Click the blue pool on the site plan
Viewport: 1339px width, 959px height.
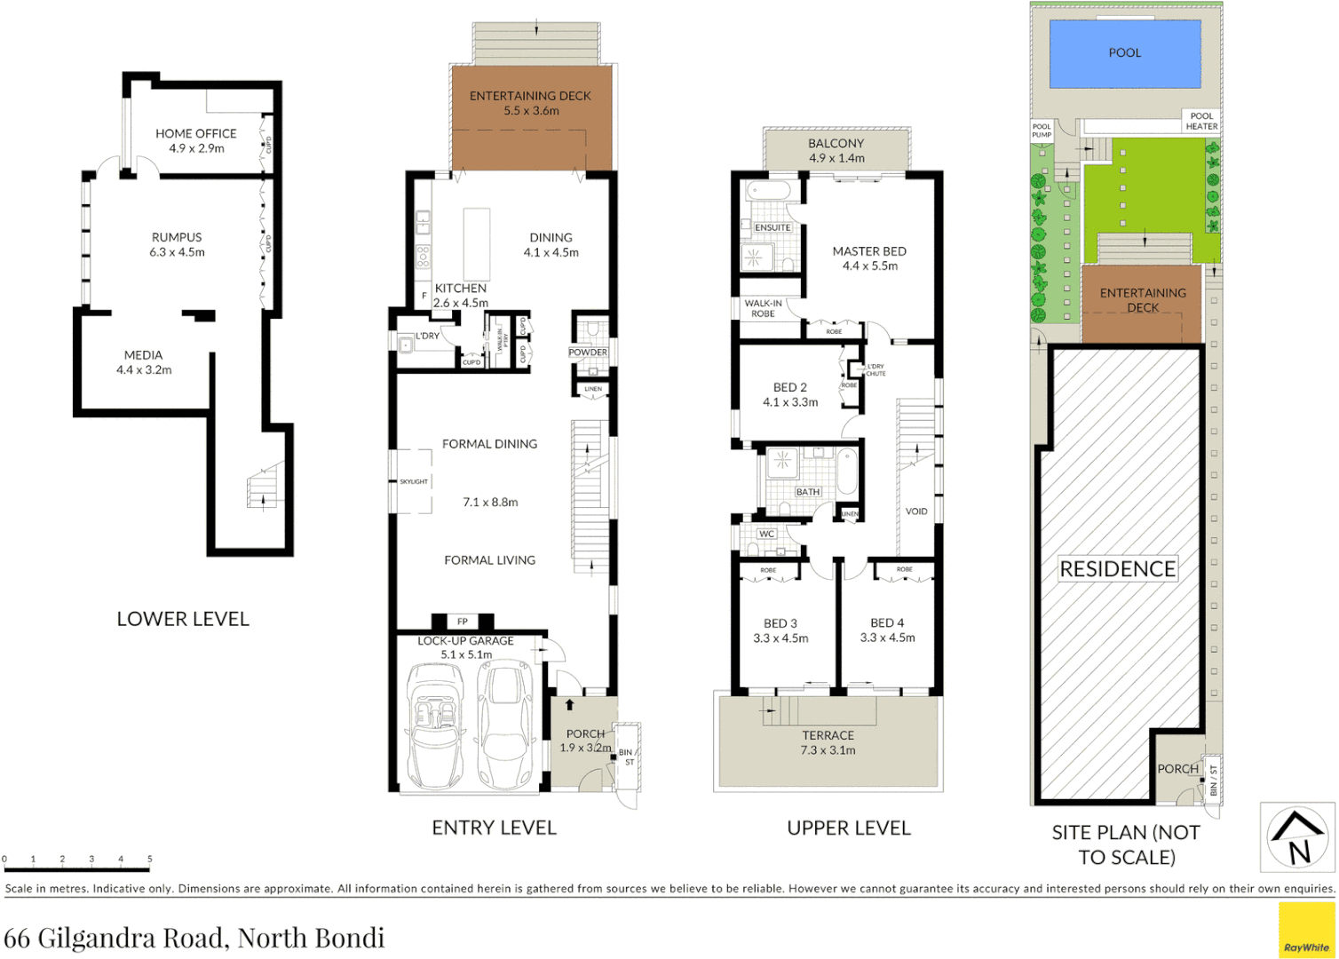1124,53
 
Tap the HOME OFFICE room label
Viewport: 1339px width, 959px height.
196,134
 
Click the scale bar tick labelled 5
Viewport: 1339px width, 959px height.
149,860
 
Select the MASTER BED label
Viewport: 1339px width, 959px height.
868,251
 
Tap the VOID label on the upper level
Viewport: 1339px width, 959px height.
915,511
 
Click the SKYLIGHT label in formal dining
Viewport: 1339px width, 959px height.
413,481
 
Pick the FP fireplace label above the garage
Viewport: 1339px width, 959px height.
462,622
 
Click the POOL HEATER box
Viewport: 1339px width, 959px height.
1201,122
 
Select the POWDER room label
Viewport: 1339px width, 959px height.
588,353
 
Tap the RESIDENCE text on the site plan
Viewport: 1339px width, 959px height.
1117,569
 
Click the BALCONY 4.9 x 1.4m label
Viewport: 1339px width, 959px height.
836,150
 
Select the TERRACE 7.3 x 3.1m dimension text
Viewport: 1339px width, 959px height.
828,750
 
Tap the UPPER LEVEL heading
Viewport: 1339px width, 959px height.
848,828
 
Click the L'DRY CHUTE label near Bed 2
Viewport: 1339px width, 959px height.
875,369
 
